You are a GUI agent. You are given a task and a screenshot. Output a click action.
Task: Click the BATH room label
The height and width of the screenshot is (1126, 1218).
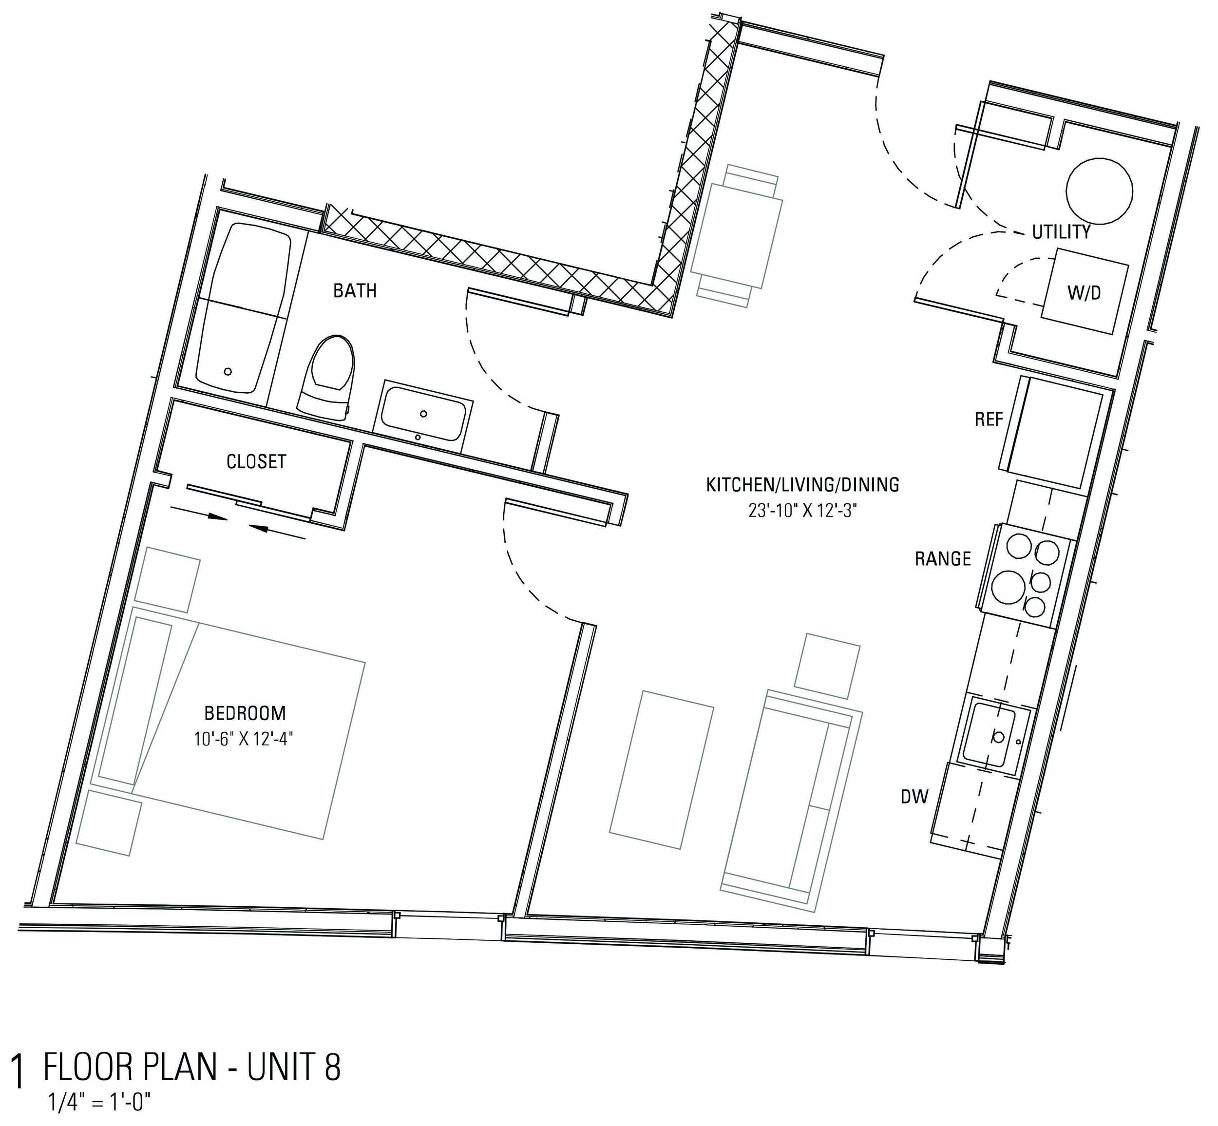[355, 291]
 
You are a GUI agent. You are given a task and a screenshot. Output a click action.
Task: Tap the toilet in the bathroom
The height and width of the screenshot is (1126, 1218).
[328, 378]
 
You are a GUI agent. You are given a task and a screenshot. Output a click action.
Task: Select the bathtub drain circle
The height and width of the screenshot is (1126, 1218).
[228, 371]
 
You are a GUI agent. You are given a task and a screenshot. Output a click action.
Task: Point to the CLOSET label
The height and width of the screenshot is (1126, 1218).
[256, 461]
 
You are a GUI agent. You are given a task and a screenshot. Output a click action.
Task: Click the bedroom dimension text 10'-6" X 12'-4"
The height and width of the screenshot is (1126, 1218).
[244, 740]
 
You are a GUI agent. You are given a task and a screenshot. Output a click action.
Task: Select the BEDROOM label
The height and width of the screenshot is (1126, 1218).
[245, 712]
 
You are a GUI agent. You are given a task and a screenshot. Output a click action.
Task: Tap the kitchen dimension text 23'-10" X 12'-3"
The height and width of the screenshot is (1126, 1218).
[802, 511]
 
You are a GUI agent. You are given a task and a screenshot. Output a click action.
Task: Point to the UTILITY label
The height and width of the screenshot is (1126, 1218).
[1061, 231]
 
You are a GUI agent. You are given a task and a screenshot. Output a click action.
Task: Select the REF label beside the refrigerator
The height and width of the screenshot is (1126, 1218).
[989, 419]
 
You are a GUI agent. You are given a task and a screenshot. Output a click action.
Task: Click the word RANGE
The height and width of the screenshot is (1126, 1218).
[943, 559]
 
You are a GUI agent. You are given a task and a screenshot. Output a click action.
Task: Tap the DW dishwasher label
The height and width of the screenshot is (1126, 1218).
[914, 796]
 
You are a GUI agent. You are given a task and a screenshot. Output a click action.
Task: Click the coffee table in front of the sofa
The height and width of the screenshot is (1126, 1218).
[661, 770]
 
